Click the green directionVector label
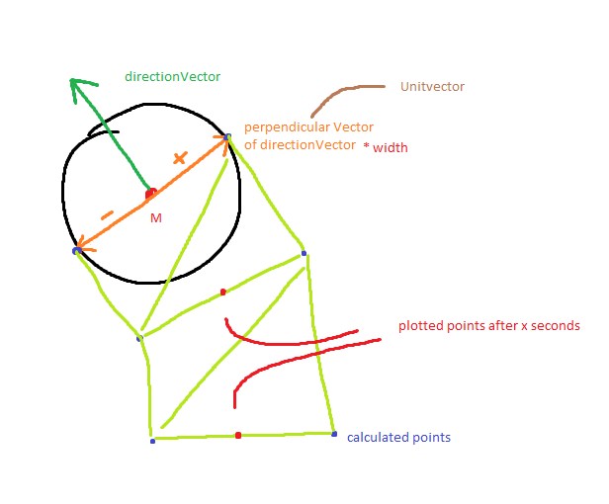[x=172, y=76]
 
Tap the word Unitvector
[x=432, y=87]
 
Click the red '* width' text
[x=386, y=148]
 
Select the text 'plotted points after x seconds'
[x=488, y=325]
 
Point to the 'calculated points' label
[x=398, y=437]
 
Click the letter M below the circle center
[x=155, y=217]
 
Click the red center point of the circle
[x=150, y=194]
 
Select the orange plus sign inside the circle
[x=179, y=157]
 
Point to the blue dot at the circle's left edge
[x=76, y=251]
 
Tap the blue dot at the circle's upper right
[x=227, y=137]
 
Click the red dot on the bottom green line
[x=238, y=435]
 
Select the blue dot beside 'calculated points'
[x=334, y=434]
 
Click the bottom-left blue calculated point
[x=152, y=441]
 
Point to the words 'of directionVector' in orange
[x=300, y=145]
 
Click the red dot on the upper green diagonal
[x=223, y=293]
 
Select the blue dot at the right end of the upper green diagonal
[x=304, y=254]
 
